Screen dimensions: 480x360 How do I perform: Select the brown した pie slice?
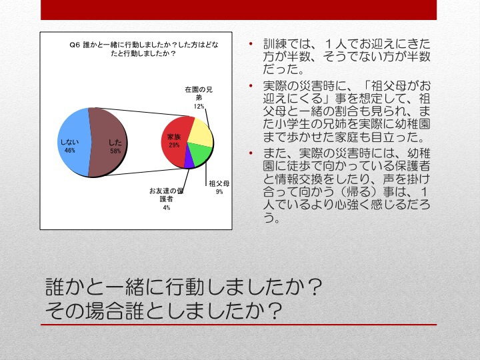tap(108, 143)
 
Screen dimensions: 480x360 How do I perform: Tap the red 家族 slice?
tap(175, 143)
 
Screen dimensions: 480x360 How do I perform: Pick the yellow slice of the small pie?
tap(201, 133)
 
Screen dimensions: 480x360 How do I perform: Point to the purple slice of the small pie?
tap(189, 161)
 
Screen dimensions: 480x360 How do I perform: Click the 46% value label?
tap(70, 150)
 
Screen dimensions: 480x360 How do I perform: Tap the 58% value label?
tap(115, 151)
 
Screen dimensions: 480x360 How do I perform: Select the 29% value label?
tap(174, 145)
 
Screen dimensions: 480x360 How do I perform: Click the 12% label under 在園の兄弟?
tap(199, 106)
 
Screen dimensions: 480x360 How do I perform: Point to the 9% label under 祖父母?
tap(219, 191)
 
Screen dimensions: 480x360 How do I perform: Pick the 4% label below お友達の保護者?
tap(166, 207)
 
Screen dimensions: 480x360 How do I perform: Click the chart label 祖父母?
tap(219, 183)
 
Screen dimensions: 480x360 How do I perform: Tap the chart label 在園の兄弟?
tap(199, 94)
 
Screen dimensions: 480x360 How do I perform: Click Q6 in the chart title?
tap(75, 45)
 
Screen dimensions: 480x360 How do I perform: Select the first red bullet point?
tap(251, 44)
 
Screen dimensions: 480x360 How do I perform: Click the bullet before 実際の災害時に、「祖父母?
tap(251, 85)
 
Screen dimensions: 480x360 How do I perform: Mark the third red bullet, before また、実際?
tap(251, 153)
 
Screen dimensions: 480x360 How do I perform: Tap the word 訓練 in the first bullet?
tap(275, 44)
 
